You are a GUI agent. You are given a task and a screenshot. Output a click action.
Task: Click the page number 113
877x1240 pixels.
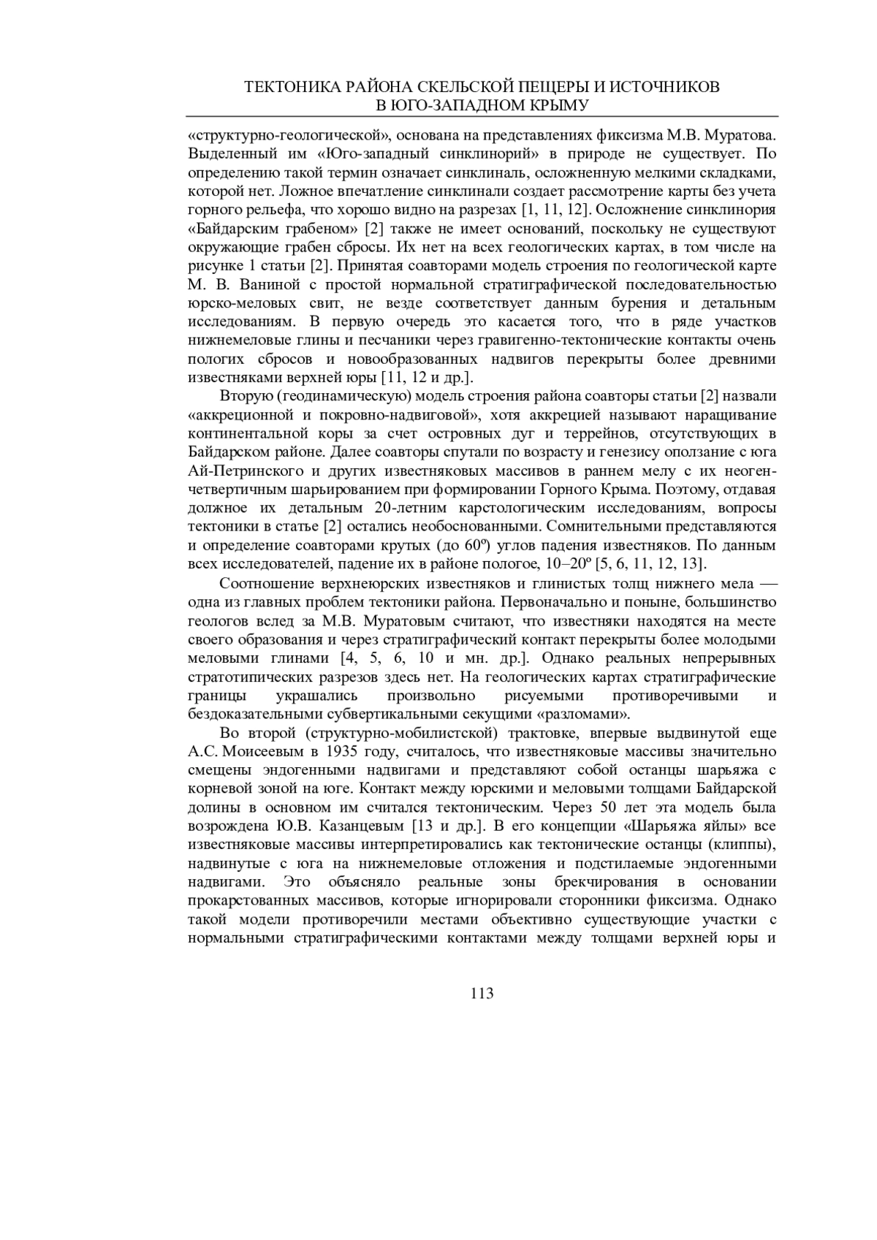point(482,993)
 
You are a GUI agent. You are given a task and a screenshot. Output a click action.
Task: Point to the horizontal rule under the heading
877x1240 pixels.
point(482,117)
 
